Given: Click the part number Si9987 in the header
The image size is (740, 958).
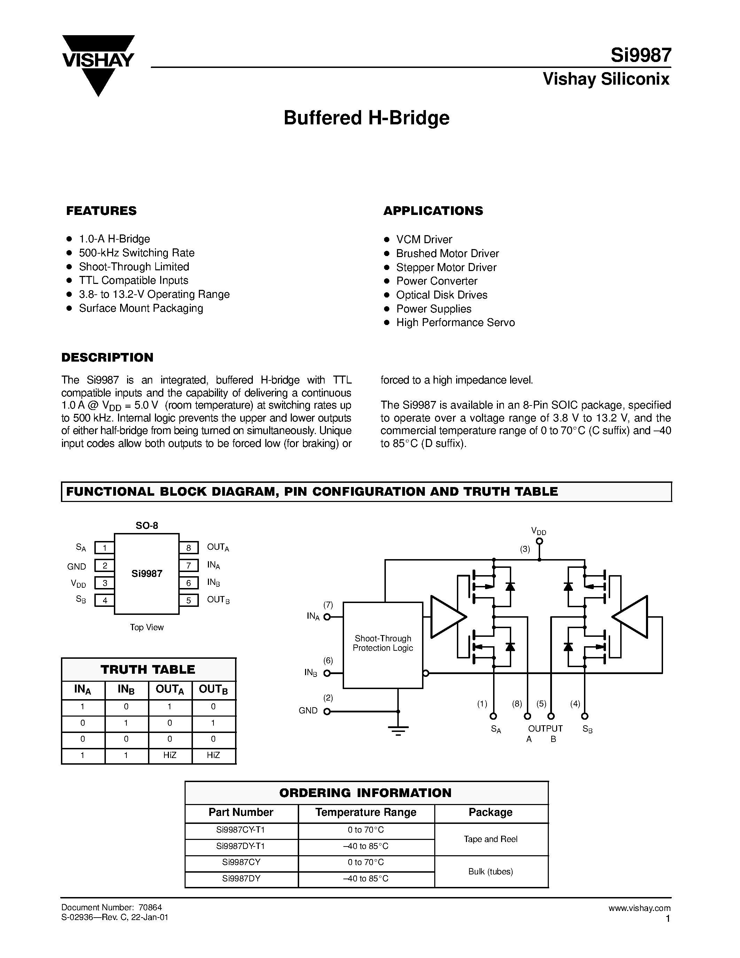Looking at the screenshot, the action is tap(640, 56).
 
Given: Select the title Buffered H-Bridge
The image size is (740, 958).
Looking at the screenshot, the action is tap(366, 118).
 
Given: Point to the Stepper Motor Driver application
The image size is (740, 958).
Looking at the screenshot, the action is tap(446, 268).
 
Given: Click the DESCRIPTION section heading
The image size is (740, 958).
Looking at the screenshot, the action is tap(107, 357).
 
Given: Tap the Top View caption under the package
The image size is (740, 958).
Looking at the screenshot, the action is tap(146, 628).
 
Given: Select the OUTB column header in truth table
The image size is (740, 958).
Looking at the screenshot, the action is tap(213, 690).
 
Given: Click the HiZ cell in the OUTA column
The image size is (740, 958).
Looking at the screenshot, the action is tap(170, 755).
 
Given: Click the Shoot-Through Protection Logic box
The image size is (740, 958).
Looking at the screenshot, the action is tap(383, 644).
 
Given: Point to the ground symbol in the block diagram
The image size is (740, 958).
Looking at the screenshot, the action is tap(398, 730).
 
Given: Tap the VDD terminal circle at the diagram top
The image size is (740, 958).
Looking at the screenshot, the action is tap(539, 542).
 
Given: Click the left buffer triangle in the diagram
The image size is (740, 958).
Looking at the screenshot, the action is tap(446, 617).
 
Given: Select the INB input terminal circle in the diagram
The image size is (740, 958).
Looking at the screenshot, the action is tap(327, 673).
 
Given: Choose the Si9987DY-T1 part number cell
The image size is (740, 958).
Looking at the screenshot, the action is tap(241, 846).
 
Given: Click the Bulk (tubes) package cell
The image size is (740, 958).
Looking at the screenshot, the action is tap(491, 872).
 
